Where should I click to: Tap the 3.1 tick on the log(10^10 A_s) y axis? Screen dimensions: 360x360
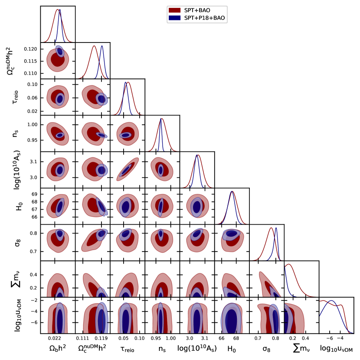tap(34, 162)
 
